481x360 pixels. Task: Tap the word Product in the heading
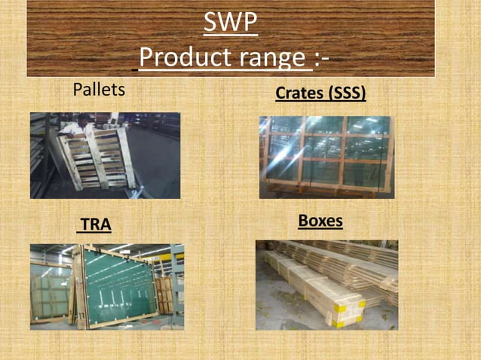[184, 57]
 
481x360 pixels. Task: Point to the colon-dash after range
[322, 57]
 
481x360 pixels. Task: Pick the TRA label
[96, 224]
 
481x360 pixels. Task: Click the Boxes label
[320, 221]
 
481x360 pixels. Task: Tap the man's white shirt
[75, 129]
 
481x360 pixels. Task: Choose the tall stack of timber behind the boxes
[354, 260]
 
